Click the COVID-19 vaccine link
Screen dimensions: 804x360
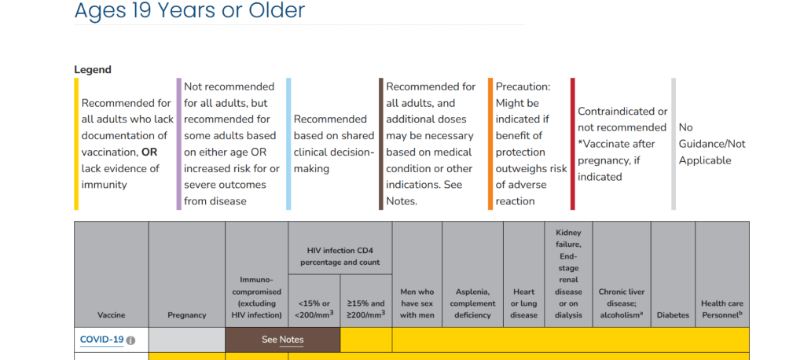(x=101, y=340)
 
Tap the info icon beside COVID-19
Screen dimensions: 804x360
(x=130, y=340)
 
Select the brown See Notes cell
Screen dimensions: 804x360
(x=282, y=340)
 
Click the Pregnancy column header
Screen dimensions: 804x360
(x=186, y=315)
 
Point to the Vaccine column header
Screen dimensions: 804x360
(x=112, y=315)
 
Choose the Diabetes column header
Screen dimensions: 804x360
(x=673, y=315)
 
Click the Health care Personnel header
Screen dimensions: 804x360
(x=722, y=309)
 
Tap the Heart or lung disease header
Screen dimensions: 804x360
(x=523, y=303)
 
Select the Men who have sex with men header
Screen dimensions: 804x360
(x=417, y=303)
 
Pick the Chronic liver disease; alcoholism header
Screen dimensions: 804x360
(x=622, y=303)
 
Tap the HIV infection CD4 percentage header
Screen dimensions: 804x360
(x=340, y=256)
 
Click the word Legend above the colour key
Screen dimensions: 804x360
(x=93, y=70)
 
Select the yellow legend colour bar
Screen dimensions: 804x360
(x=76, y=144)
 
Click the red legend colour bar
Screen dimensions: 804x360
(x=573, y=144)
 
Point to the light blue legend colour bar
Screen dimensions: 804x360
(x=288, y=144)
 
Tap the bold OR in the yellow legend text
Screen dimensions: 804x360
(x=150, y=152)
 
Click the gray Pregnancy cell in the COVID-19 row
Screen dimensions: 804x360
(x=186, y=340)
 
